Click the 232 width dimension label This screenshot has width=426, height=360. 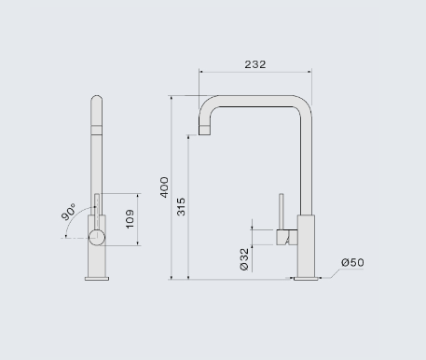[255, 64]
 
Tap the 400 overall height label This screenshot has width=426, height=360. [164, 187]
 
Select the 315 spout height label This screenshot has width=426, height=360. [181, 206]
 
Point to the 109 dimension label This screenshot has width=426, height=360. [130, 219]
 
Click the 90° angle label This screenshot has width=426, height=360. [68, 212]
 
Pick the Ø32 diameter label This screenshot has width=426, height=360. [244, 259]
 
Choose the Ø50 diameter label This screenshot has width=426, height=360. [352, 262]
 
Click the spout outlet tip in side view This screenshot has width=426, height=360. [204, 131]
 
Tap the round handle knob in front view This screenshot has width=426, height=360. [97, 238]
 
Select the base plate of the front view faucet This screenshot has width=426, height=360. [97, 279]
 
